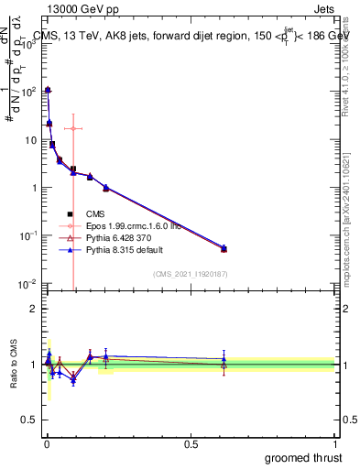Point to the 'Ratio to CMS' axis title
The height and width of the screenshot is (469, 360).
point(13,365)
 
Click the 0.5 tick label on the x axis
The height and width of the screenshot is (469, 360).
point(191,442)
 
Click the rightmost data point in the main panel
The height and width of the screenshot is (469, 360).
point(224,248)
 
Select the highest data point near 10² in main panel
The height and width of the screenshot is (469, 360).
point(48,91)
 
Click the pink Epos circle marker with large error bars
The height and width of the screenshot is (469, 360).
point(73,128)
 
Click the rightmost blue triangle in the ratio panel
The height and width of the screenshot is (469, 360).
point(224,359)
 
